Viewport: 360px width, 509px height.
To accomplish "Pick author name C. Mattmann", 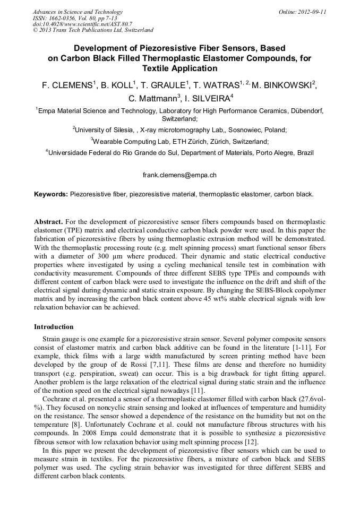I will [154, 98].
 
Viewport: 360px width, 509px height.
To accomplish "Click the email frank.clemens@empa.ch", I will [179, 175].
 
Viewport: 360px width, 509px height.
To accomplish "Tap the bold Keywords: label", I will [51, 194].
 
